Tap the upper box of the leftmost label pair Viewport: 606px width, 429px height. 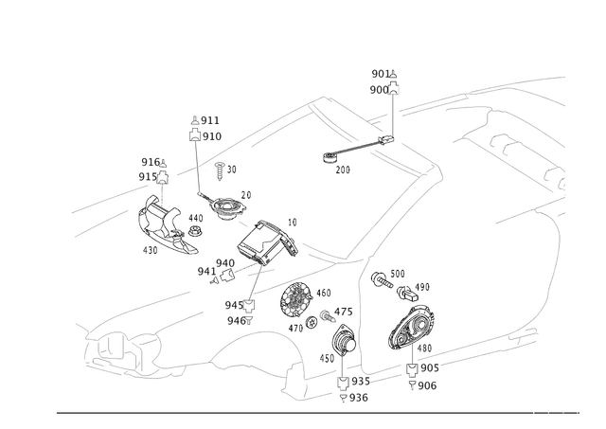[150, 161]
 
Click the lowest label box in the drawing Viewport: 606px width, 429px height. [356, 399]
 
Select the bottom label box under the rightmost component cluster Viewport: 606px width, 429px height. [422, 384]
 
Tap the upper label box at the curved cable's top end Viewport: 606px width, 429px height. [205, 120]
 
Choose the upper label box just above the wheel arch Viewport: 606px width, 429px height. [236, 304]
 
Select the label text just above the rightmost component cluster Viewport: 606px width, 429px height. [388, 277]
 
